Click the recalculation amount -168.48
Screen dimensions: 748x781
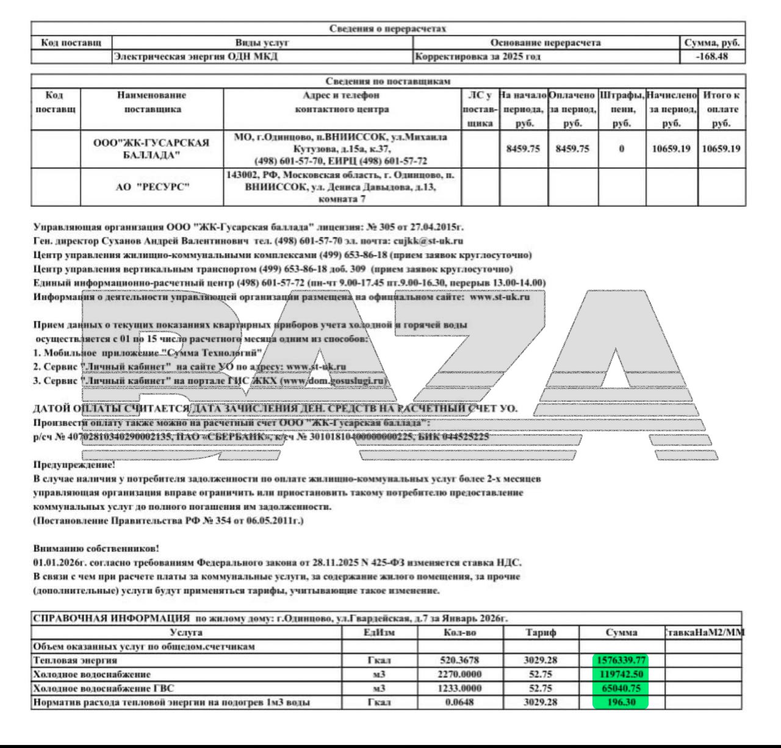[712, 57]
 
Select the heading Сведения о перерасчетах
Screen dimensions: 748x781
[388, 29]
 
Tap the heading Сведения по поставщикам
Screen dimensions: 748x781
[388, 81]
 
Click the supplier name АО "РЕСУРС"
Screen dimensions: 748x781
[153, 187]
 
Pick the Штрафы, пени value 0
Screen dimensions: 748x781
[621, 149]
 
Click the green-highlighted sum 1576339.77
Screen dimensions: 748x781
[621, 660]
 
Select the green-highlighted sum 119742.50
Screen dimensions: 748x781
[621, 674]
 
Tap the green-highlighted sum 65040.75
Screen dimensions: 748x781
[621, 688]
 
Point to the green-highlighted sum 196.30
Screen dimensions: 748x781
[621, 702]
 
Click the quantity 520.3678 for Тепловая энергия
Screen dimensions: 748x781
[459, 660]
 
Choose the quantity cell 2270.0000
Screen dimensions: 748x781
[459, 674]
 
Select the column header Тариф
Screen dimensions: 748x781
[541, 633]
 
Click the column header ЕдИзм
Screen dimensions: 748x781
[379, 633]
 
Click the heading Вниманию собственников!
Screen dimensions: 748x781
[96, 548]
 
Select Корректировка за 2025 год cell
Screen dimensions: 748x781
[478, 57]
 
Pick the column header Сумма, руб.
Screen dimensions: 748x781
[712, 43]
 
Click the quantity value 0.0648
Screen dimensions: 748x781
[459, 702]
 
